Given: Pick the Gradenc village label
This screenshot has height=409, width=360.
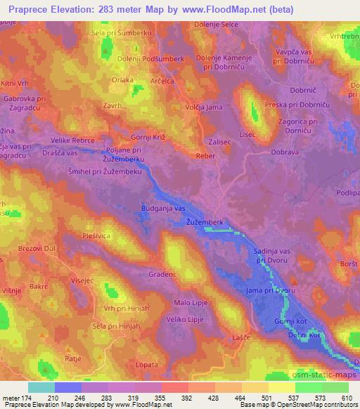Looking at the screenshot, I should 162,275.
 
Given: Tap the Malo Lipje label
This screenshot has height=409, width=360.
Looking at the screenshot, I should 190,304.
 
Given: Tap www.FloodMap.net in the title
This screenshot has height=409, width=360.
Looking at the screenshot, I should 220,8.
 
